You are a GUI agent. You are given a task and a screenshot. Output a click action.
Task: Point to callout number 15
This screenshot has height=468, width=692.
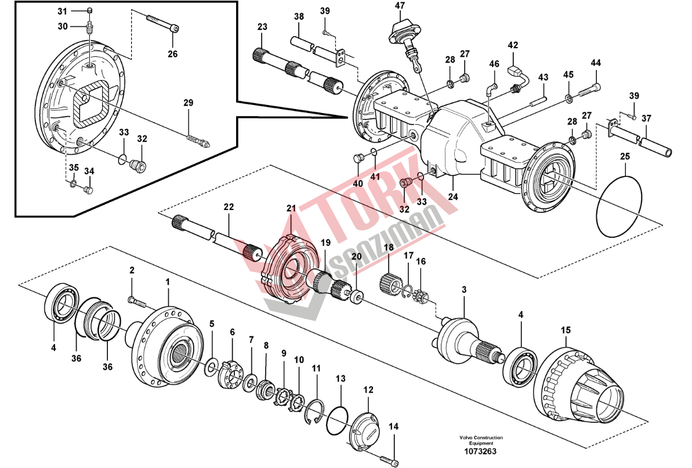click(x=566, y=330)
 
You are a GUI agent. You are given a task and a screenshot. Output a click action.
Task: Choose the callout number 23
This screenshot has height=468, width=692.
click(x=262, y=27)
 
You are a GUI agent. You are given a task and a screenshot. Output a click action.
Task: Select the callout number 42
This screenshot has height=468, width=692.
click(x=513, y=45)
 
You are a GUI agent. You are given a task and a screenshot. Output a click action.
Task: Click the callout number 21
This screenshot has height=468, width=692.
click(x=291, y=208)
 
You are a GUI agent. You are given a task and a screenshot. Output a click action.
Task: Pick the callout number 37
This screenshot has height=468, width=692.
click(x=646, y=118)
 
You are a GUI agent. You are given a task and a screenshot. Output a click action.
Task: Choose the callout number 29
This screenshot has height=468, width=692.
click(x=188, y=103)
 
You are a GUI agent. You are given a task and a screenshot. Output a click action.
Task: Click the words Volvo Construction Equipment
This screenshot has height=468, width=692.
click(x=481, y=440)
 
